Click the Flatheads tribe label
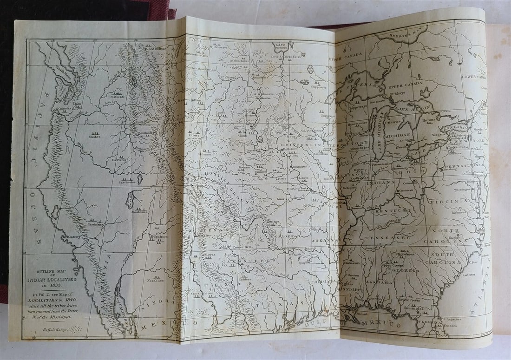point(118,97)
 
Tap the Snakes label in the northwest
point(94,137)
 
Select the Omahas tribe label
point(277,171)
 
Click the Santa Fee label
point(203,236)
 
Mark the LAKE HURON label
point(413,108)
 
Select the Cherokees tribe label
point(403,254)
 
